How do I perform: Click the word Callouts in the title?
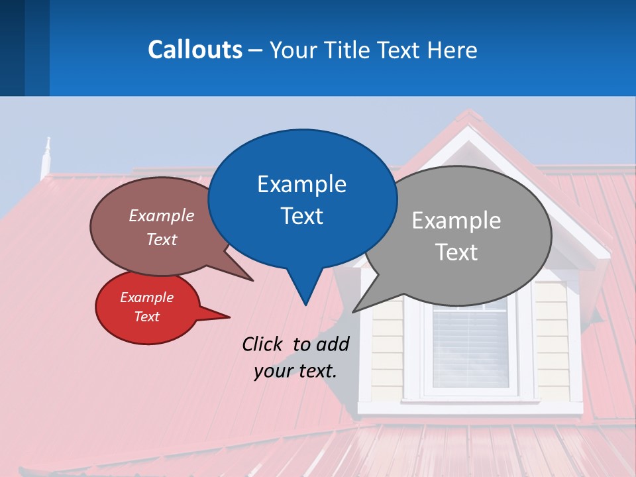195,50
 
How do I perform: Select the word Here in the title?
452,50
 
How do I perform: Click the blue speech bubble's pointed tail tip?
305,304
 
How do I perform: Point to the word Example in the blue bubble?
301,184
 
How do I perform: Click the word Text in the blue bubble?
301,216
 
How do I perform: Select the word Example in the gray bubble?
456,221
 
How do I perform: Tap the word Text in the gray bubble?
456,252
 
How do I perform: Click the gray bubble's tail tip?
354,311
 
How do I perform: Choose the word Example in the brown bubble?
162,215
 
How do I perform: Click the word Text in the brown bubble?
162,239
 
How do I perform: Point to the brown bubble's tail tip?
252,280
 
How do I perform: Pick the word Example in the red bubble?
146,297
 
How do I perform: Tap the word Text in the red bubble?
146,317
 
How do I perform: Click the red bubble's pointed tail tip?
229,316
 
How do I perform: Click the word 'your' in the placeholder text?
273,371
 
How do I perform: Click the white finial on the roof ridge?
46,156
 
